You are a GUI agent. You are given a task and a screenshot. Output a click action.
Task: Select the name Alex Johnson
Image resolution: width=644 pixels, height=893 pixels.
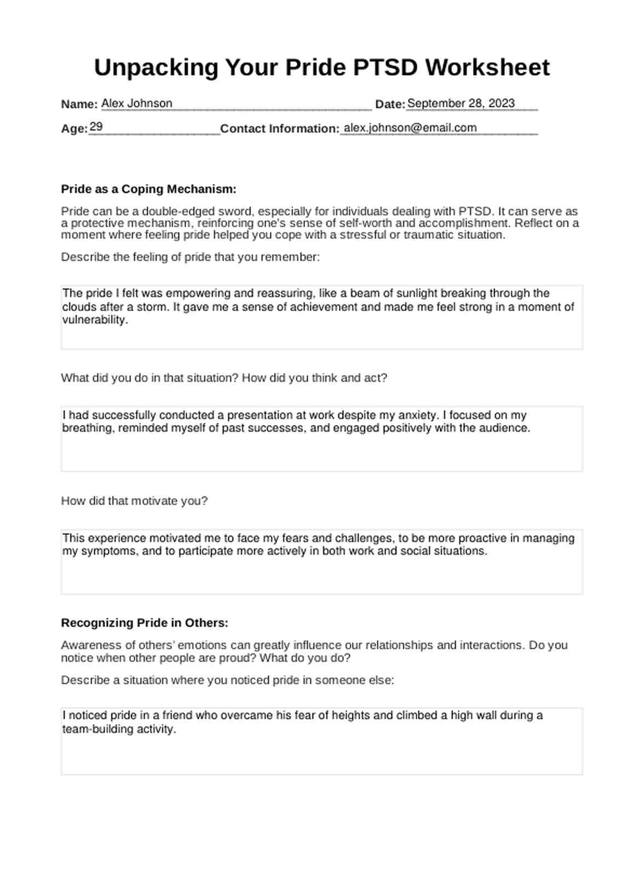tap(137, 104)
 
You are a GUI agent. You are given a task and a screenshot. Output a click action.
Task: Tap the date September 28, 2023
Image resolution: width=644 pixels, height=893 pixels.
tap(461, 104)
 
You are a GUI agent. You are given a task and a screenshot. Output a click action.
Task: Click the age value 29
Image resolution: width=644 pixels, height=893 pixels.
tap(96, 127)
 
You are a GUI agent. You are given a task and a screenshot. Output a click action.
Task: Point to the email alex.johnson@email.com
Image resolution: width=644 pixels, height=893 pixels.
tap(410, 128)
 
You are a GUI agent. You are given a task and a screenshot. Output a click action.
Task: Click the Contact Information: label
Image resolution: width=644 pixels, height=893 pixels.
tap(280, 129)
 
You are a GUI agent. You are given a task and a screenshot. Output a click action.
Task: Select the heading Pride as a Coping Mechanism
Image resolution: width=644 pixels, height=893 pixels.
tap(148, 189)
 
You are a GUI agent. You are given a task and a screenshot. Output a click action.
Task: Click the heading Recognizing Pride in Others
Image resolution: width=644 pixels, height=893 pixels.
tap(145, 623)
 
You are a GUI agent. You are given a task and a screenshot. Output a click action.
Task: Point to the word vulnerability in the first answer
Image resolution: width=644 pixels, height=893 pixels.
tap(94, 320)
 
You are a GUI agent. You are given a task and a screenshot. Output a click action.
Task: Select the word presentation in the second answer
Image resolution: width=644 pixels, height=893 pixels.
tap(260, 415)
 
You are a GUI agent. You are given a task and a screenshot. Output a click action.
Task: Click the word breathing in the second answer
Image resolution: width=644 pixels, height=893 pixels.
tap(88, 428)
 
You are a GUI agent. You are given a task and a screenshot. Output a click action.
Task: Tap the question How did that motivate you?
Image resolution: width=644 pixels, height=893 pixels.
tap(134, 501)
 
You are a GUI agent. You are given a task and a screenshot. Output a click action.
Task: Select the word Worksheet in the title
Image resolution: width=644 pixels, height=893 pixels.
tap(487, 68)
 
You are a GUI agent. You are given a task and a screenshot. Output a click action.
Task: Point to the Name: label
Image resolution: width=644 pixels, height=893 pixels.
tap(79, 104)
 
